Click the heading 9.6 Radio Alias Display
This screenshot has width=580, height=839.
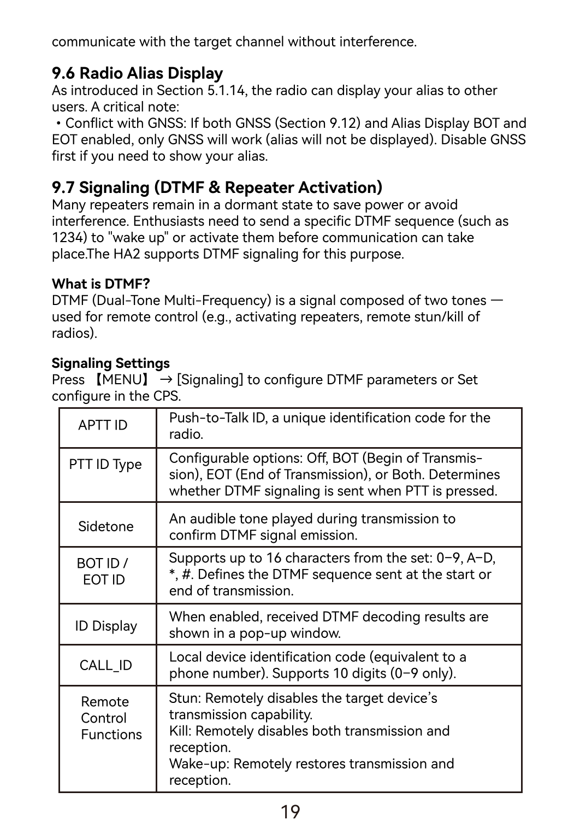click(x=137, y=73)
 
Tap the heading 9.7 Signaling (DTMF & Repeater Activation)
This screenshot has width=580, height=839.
click(x=217, y=187)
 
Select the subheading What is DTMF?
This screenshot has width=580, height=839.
click(x=100, y=284)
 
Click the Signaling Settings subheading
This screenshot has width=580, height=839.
click(x=110, y=363)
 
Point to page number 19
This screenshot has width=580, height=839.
click(x=290, y=812)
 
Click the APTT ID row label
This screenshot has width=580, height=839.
click(x=103, y=425)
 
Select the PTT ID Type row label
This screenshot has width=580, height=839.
click(x=105, y=465)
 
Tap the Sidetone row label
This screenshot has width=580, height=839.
click(x=105, y=526)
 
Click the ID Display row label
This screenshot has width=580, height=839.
click(x=106, y=626)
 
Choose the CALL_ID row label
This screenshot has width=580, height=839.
click(x=105, y=665)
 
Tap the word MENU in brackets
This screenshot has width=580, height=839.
click(x=122, y=380)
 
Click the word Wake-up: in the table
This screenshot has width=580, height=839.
click(x=199, y=764)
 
